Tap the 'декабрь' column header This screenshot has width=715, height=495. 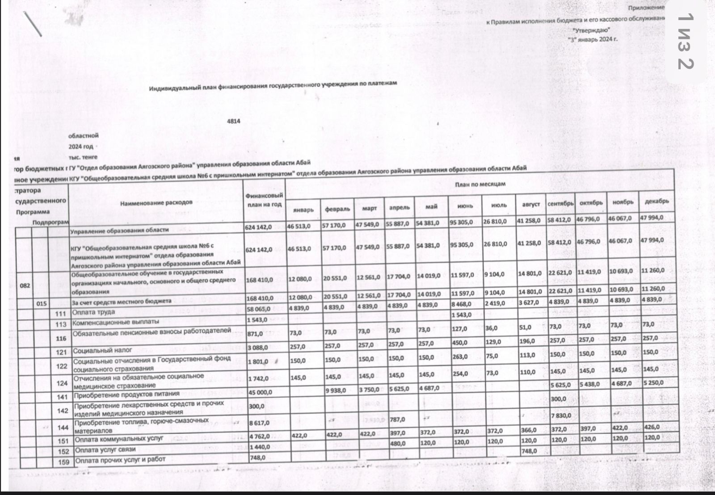click(656, 201)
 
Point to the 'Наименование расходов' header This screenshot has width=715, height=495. click(156, 202)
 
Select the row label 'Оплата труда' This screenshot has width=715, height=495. click(94, 312)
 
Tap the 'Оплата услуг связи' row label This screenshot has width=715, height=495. click(105, 450)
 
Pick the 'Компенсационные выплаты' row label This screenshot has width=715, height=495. click(116, 322)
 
